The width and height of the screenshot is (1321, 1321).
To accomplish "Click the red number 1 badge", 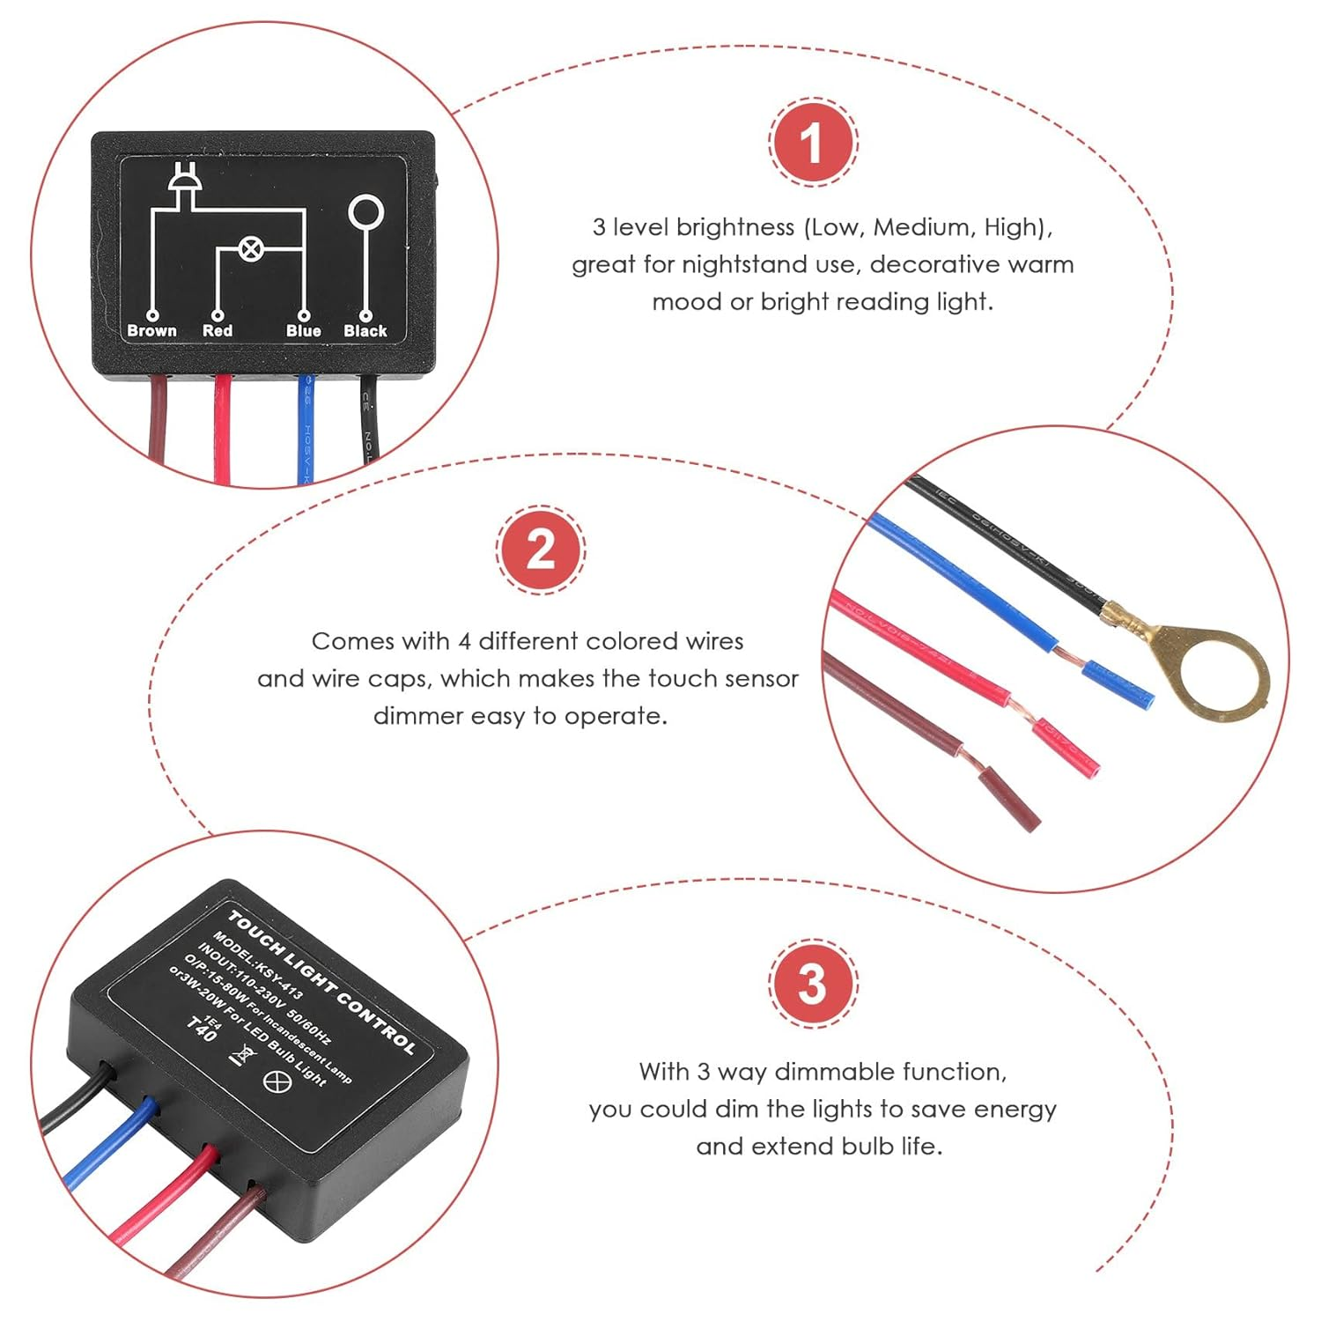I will (x=812, y=141).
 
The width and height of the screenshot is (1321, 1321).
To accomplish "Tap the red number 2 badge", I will (x=540, y=550).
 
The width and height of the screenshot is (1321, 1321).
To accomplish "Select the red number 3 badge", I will (x=812, y=983).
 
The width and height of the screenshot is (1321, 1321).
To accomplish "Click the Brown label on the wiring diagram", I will (x=151, y=330).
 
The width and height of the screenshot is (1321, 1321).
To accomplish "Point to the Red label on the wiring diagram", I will (x=218, y=330).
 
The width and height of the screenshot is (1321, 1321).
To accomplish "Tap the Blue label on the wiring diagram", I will (x=303, y=330).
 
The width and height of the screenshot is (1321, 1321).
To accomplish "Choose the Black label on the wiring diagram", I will (x=365, y=330).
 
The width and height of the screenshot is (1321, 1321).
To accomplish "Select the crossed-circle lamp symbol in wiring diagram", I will (x=250, y=249).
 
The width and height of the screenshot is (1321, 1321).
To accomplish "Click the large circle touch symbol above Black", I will (x=365, y=213).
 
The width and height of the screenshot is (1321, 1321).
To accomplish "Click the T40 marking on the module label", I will (x=203, y=1029).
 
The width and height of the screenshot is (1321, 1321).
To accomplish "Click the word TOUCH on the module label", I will (x=255, y=934).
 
